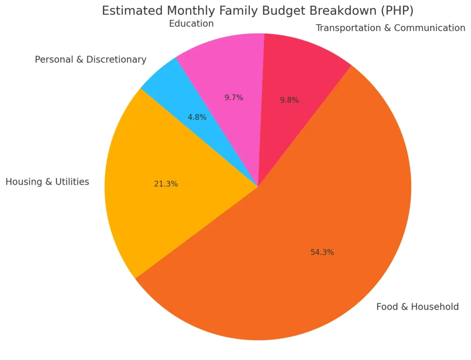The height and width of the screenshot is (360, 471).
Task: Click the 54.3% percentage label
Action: pyautogui.click(x=322, y=252)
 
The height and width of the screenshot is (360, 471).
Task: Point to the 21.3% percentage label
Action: pyautogui.click(x=166, y=184)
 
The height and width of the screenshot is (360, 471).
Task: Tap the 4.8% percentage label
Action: pyautogui.click(x=197, y=117)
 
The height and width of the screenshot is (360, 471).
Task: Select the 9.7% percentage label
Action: pyautogui.click(x=234, y=98)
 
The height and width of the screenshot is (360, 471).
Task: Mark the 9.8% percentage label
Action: pyautogui.click(x=289, y=100)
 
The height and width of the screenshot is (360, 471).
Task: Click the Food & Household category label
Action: pyautogui.click(x=417, y=307)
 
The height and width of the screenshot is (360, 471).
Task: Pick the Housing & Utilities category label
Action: pyautogui.click(x=47, y=182)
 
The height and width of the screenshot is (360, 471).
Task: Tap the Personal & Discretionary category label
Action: pyautogui.click(x=91, y=59)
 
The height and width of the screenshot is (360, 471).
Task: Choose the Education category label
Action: pyautogui.click(x=191, y=23)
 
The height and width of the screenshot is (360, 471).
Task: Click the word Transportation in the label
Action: pyautogui.click(x=349, y=28)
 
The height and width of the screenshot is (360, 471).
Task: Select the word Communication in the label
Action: pyautogui.click(x=430, y=28)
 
